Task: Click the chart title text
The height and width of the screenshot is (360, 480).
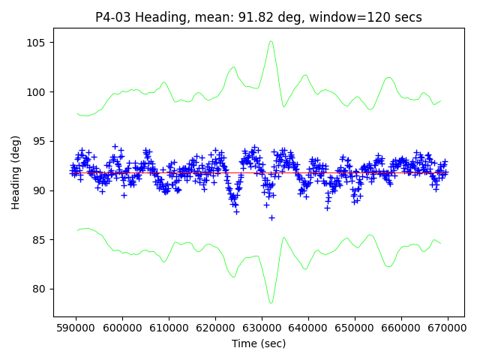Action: click(x=259, y=17)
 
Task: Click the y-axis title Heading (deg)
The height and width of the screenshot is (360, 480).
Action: click(x=16, y=172)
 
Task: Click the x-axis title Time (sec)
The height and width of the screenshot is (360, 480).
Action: click(x=259, y=343)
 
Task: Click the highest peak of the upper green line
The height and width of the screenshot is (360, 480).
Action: click(x=271, y=41)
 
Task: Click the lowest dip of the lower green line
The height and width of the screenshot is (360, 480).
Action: click(x=271, y=303)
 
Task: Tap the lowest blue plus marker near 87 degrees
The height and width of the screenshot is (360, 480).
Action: click(x=271, y=217)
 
